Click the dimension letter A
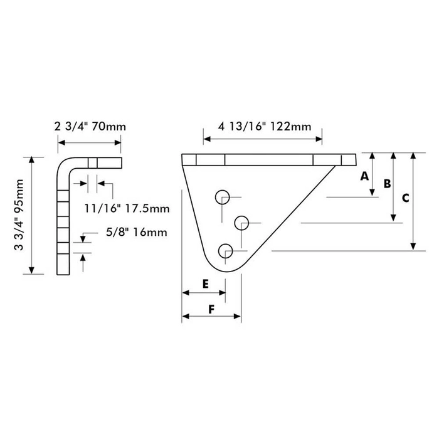click(364, 177)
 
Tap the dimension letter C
click(405, 198)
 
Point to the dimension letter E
click(205, 283)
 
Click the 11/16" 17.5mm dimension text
click(128, 207)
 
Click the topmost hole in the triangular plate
click(223, 197)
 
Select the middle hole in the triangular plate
click(242, 222)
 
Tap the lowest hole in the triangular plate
click(225, 251)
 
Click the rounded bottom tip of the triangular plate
click(226, 268)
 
